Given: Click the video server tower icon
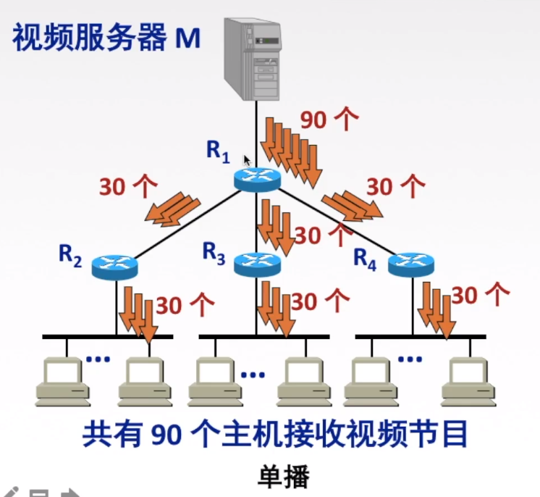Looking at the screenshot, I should click(253, 58).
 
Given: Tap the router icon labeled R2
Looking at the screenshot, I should click(114, 267).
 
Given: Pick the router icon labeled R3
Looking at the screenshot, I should click(257, 264).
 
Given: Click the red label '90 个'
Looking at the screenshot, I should click(329, 120).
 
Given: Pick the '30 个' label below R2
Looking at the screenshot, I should click(185, 305).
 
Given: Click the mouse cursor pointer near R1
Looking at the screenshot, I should click(247, 160).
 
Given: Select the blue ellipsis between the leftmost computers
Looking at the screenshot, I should click(98, 358).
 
